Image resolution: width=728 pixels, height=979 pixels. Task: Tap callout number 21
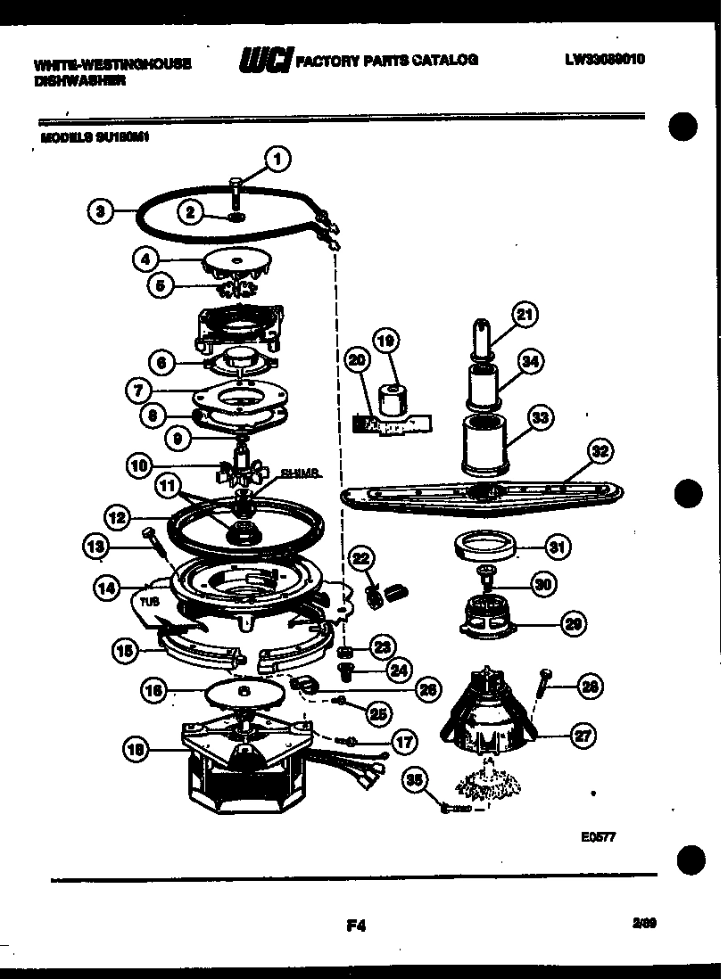525,313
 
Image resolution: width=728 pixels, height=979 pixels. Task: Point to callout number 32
600,452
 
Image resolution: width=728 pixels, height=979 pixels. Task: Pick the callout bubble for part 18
136,751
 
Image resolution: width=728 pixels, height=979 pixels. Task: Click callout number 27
583,736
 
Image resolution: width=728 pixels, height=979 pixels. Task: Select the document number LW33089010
604,60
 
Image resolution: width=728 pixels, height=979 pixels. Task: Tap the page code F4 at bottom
357,926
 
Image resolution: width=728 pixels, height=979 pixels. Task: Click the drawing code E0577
597,837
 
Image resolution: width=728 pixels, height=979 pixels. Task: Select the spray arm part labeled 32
482,496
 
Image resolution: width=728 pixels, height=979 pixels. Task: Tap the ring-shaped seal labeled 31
488,547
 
